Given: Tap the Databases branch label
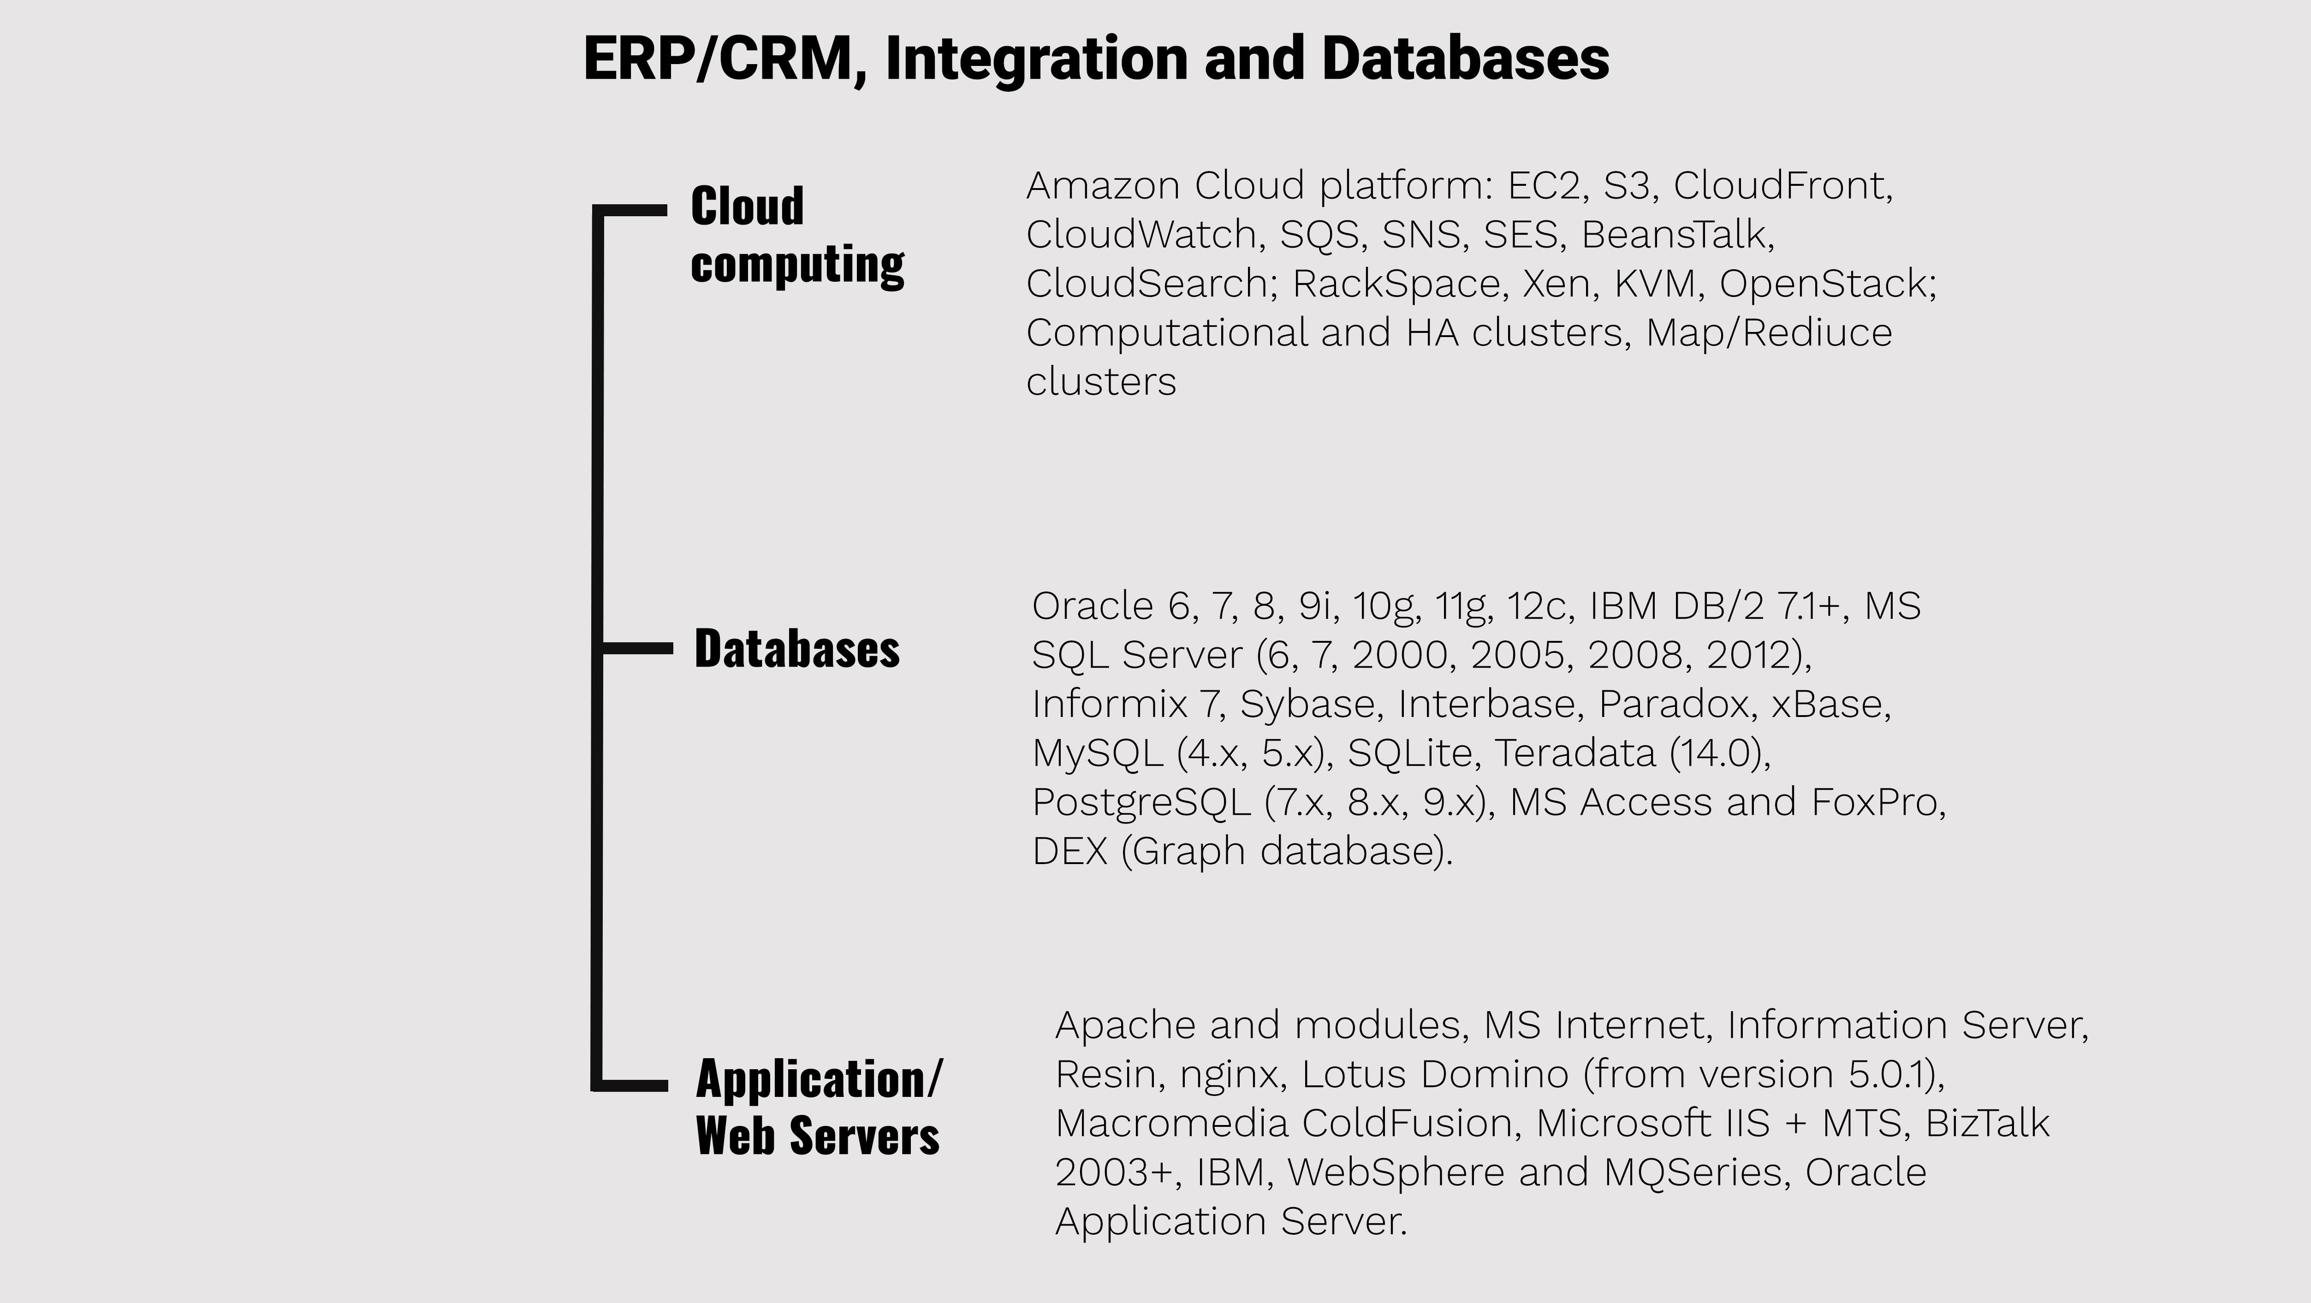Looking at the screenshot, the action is coord(796,648).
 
